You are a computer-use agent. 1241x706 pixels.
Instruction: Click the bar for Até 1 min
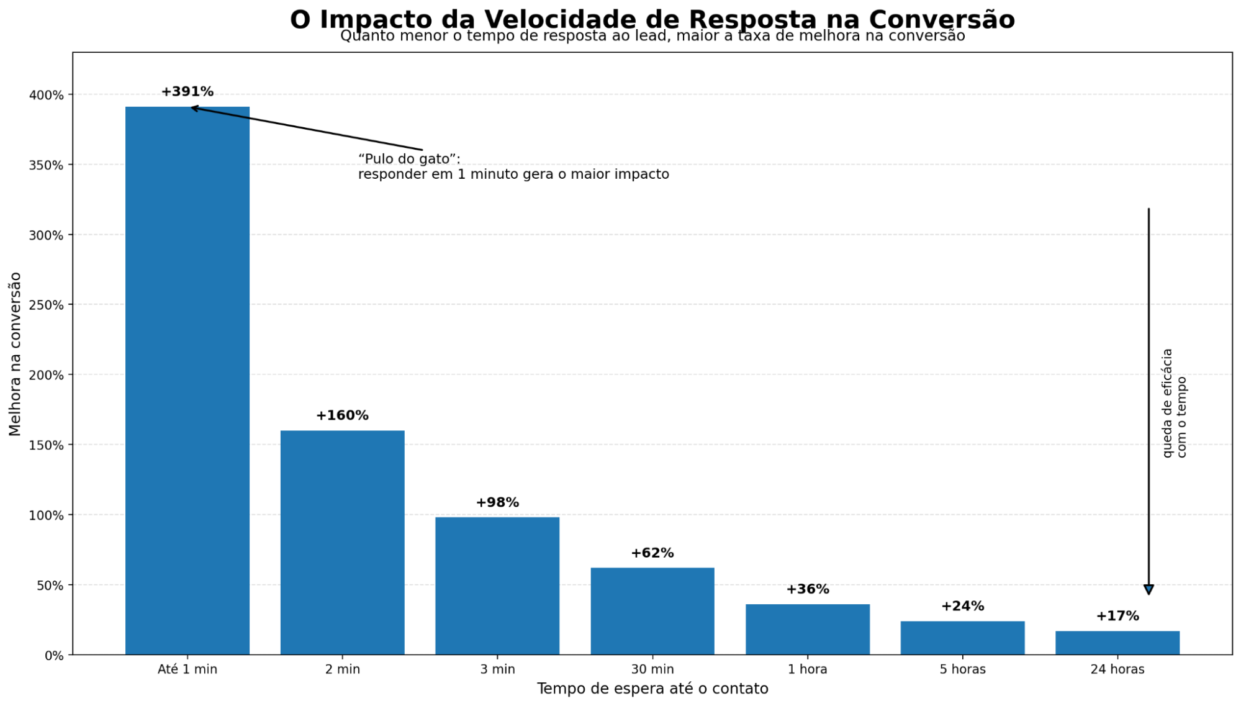coord(187,380)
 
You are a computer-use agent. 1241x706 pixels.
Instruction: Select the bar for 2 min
coord(342,542)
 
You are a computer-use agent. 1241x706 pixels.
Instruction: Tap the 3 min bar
coord(497,586)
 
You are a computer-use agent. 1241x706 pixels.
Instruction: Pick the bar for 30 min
coord(652,611)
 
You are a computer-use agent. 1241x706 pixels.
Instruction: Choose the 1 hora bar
coord(807,629)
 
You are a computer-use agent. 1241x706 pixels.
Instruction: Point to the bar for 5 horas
coord(962,638)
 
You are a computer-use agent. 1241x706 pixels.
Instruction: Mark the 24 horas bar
coord(1117,643)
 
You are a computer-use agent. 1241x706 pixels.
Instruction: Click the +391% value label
coord(187,92)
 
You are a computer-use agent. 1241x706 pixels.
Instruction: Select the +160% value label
coord(342,415)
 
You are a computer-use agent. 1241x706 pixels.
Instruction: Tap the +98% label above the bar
coord(497,502)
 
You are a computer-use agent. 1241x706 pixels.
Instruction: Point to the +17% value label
coord(1117,616)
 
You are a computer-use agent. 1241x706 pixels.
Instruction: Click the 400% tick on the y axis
coord(47,95)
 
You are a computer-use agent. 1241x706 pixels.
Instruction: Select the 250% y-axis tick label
coord(47,305)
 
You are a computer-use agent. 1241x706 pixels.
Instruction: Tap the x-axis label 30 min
coord(652,669)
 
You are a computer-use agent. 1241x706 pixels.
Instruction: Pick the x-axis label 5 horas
coord(962,669)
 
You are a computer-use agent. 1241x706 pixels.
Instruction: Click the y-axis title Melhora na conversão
coord(16,354)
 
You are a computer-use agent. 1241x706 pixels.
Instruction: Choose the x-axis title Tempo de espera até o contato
coord(652,689)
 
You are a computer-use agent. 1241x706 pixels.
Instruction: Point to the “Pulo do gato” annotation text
coord(409,159)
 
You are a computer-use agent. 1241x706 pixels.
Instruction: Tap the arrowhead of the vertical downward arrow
coord(1148,589)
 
